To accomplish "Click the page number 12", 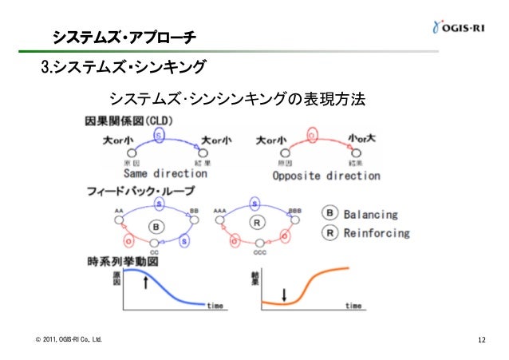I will [x=481, y=342].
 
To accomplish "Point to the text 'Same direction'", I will [x=165, y=172].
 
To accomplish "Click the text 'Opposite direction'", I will [x=326, y=175].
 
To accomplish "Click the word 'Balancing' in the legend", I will [x=370, y=215].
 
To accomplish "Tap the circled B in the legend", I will [x=329, y=215].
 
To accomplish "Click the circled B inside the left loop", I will [x=157, y=226].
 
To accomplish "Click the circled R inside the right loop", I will [x=257, y=224].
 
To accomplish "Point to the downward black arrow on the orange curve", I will [x=284, y=293].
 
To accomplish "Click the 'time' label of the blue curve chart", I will [x=215, y=306].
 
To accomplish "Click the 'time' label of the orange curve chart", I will [x=353, y=306].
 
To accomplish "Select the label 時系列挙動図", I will [x=122, y=261].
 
